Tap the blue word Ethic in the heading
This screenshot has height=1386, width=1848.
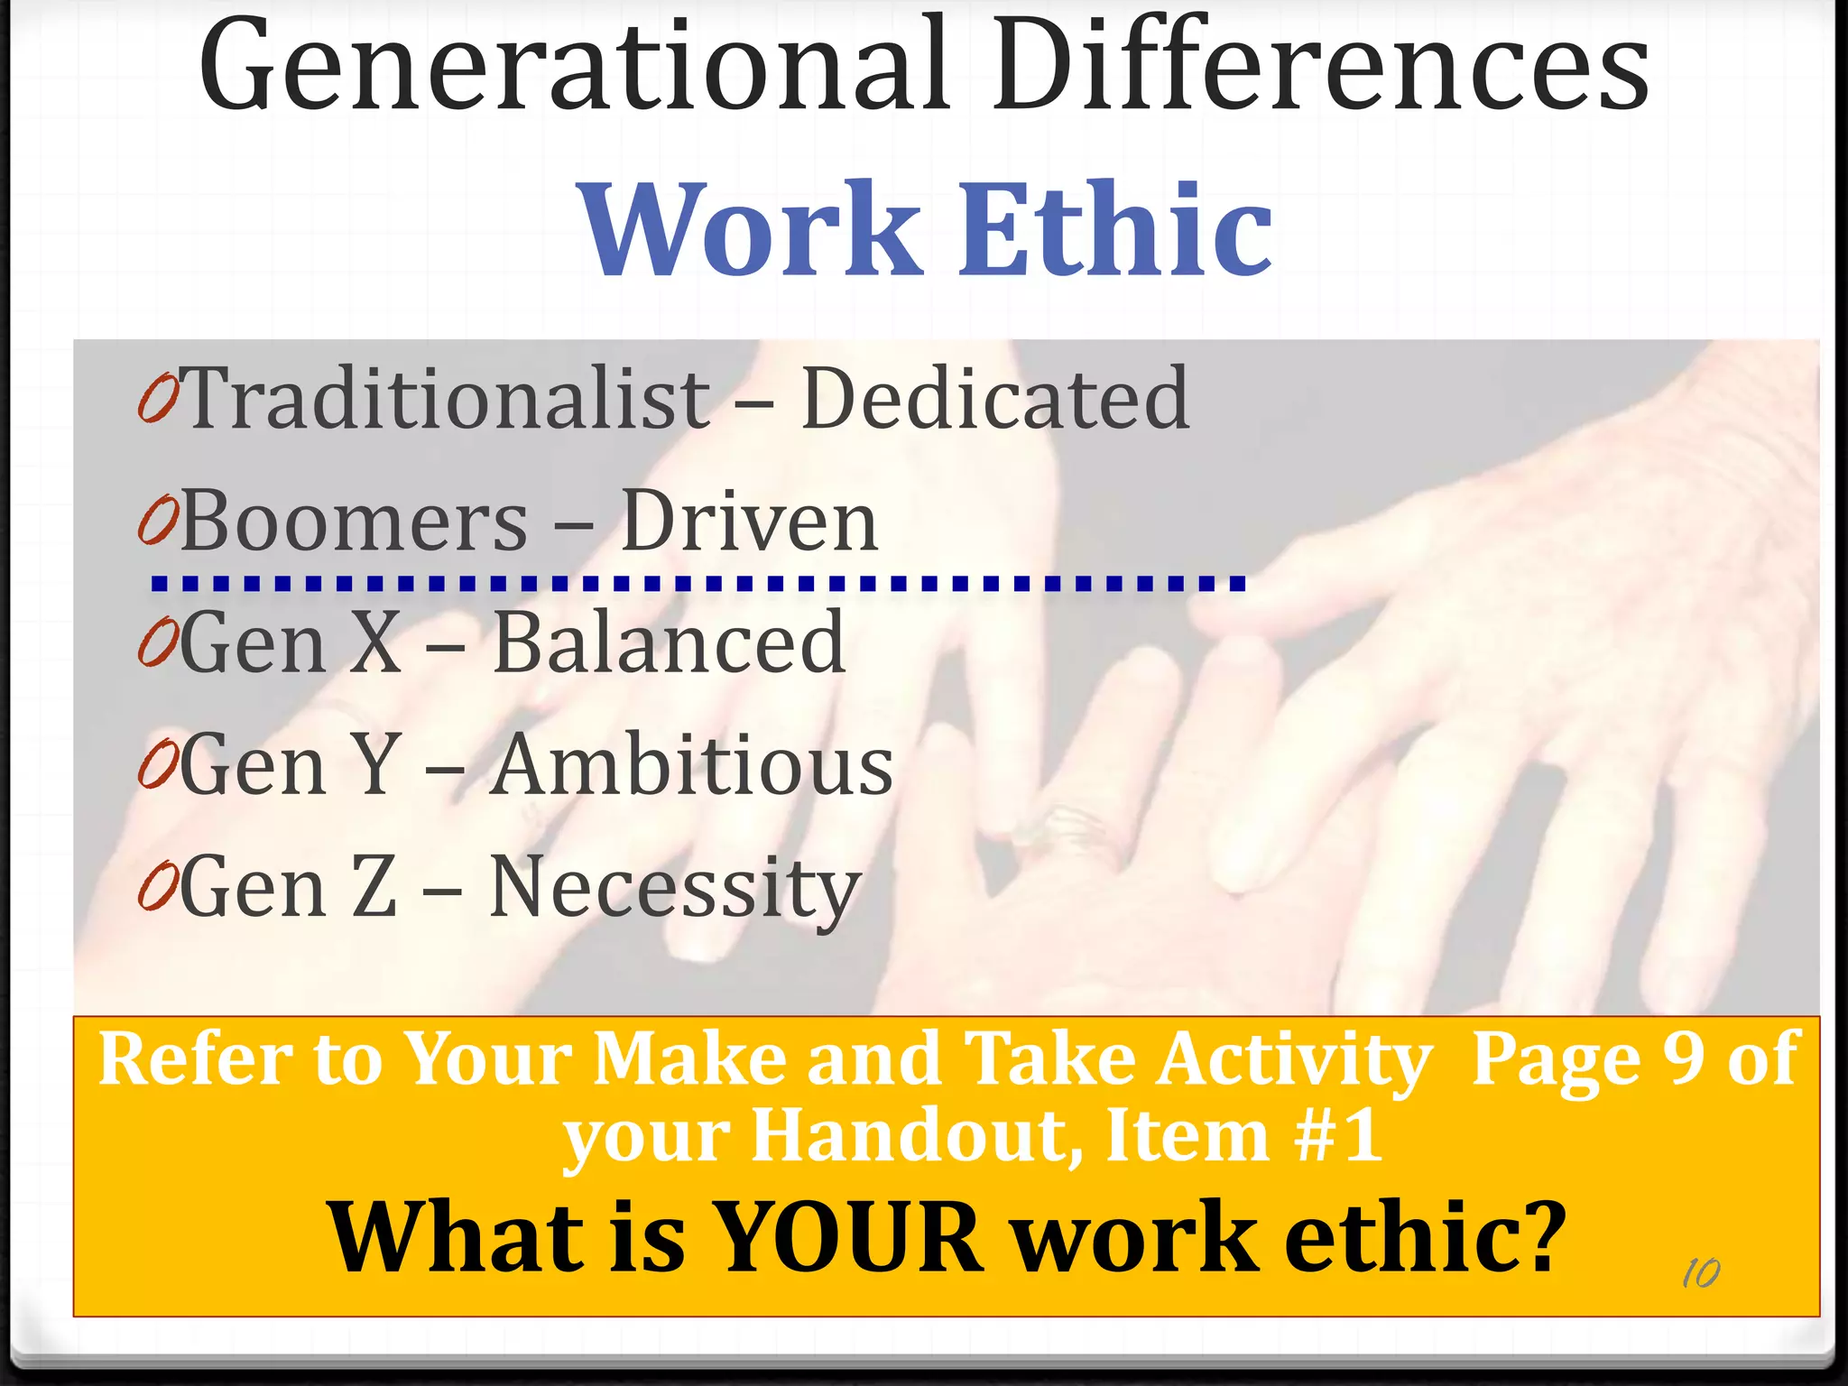point(1113,229)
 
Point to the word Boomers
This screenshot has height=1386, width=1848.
point(354,522)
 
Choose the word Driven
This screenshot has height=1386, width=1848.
point(749,522)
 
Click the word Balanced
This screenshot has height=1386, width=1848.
point(669,642)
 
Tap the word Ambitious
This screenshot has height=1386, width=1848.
point(691,765)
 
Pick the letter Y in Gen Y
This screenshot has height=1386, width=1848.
point(374,765)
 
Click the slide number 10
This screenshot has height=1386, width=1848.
point(1701,1273)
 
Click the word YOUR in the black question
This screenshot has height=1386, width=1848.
point(847,1237)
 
